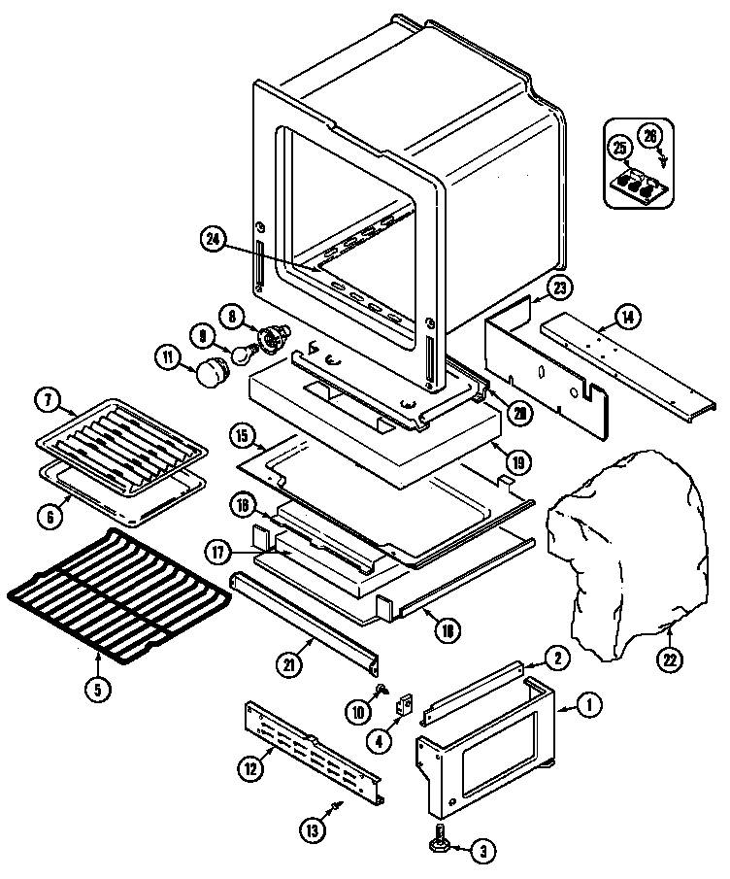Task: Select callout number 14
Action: tap(628, 315)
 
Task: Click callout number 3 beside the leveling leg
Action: tap(480, 853)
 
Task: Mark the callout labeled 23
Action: tap(559, 287)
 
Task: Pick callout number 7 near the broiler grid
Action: tap(47, 399)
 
